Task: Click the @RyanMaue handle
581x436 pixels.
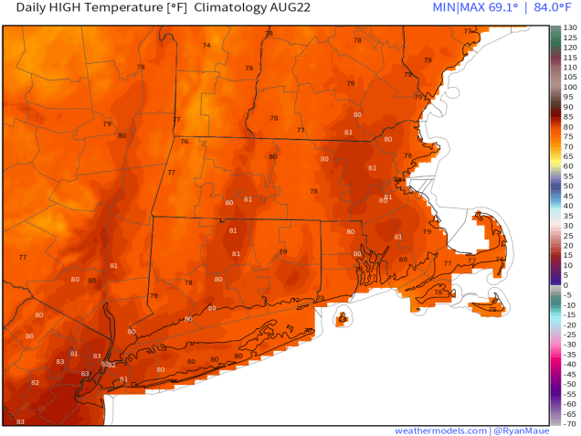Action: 523,430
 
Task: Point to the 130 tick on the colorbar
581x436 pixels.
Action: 569,28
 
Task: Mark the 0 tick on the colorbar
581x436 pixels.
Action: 567,285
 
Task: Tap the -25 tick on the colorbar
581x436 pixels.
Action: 569,335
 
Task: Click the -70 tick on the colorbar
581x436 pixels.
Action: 569,423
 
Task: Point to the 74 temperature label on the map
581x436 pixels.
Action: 206,46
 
